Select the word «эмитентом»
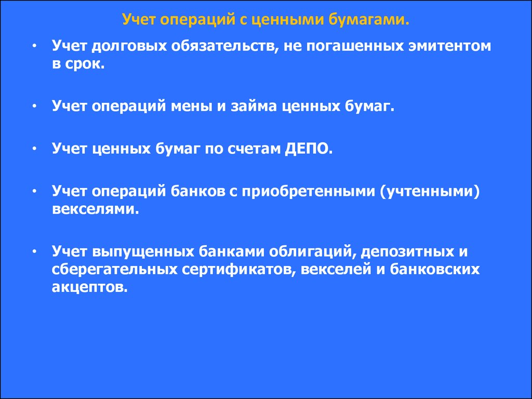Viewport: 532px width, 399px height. click(x=449, y=46)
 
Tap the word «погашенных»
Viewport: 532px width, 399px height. click(x=355, y=46)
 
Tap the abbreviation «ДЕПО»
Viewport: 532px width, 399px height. click(x=307, y=149)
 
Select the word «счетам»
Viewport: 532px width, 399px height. click(x=254, y=149)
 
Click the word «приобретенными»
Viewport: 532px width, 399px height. click(x=308, y=191)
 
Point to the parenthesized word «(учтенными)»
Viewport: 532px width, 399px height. click(x=430, y=191)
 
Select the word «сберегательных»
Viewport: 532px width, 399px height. click(x=115, y=270)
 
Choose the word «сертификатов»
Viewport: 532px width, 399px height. click(x=239, y=270)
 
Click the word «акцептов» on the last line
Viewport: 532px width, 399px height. click(x=88, y=287)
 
